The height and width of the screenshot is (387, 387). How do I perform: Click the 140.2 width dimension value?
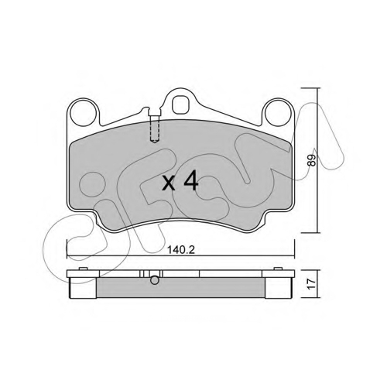[181, 250]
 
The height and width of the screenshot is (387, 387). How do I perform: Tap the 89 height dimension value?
[312, 160]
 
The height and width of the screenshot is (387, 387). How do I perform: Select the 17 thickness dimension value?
[312, 284]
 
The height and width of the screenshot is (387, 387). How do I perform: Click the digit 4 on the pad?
[190, 181]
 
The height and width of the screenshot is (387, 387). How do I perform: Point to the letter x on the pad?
[169, 184]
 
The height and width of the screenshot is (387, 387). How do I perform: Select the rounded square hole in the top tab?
[180, 104]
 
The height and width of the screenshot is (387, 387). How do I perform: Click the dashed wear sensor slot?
[155, 128]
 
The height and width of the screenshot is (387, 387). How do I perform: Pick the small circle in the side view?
[155, 280]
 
